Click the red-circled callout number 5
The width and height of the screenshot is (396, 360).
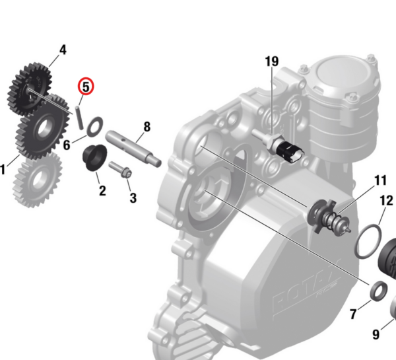[x=86, y=87]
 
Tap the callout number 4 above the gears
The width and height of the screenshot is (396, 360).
[x=63, y=50]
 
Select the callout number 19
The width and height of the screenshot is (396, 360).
[x=272, y=61]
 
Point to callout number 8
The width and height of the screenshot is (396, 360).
[x=147, y=127]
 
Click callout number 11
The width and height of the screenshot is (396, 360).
[x=380, y=180]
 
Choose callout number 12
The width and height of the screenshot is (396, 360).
[x=387, y=201]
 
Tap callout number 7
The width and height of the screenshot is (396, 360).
[x=353, y=314]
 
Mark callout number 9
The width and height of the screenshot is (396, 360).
[x=376, y=334]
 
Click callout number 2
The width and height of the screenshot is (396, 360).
[x=102, y=191]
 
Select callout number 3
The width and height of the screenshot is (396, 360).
[x=133, y=198]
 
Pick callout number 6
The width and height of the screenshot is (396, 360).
[x=67, y=145]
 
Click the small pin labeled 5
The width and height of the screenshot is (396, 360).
[x=79, y=118]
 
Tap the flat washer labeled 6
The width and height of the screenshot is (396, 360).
[x=94, y=126]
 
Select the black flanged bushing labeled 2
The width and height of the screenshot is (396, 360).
[x=94, y=157]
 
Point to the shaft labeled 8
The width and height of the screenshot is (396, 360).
[x=133, y=149]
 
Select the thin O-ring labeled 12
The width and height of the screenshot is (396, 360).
[x=368, y=242]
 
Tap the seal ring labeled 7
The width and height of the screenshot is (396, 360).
[x=379, y=291]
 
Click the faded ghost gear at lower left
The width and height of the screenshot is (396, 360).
[x=38, y=180]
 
